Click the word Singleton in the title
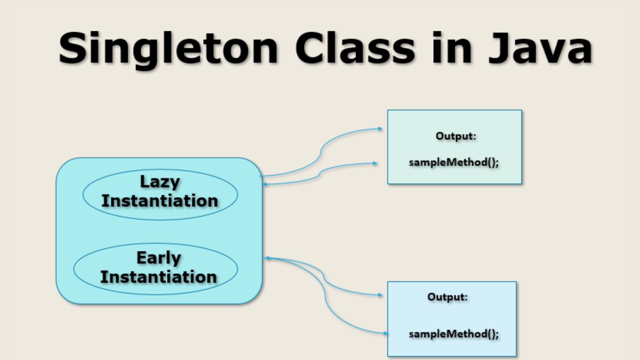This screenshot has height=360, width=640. [x=168, y=48]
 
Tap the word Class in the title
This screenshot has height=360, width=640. [x=355, y=48]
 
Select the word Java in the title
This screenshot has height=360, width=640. [x=540, y=48]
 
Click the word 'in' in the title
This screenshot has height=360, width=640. [x=452, y=48]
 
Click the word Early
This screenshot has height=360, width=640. [x=159, y=258]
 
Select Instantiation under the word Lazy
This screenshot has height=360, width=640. [x=160, y=201]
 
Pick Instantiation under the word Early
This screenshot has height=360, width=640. [x=159, y=277]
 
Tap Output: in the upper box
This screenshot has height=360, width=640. [x=456, y=136]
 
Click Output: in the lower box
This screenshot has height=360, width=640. [x=447, y=297]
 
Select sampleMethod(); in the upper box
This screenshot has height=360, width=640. [x=454, y=162]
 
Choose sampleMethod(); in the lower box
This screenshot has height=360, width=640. [x=454, y=334]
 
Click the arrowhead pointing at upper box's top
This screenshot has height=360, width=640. [x=380, y=129]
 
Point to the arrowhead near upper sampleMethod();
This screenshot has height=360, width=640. [x=375, y=163]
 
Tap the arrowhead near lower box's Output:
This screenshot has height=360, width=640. [x=380, y=295]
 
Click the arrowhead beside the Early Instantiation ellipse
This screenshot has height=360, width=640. [x=266, y=258]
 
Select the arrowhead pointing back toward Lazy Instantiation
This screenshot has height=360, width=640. [x=265, y=184]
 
